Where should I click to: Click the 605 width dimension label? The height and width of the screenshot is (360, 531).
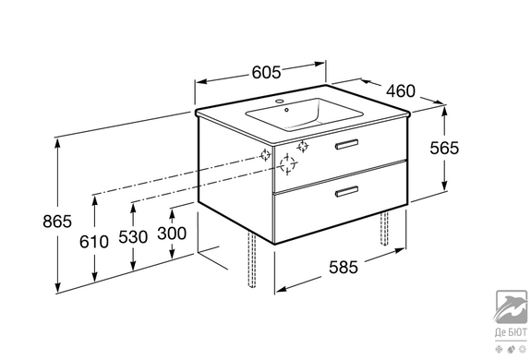[x=266, y=72]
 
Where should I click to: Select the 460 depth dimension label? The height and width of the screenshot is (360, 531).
[x=401, y=91]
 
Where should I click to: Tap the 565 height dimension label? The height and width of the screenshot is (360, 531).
[x=444, y=148]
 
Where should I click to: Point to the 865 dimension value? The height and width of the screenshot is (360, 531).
[x=57, y=222]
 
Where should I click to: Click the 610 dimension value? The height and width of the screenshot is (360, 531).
[x=94, y=242]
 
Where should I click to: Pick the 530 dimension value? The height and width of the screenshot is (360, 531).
[x=133, y=236]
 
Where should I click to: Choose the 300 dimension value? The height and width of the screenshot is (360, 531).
[x=172, y=234]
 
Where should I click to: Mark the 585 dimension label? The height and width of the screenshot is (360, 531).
[x=344, y=267]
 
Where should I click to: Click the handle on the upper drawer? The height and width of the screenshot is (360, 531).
[x=347, y=144]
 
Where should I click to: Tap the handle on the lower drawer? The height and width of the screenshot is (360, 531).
[x=347, y=191]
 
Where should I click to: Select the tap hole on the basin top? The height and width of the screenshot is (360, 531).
[x=280, y=101]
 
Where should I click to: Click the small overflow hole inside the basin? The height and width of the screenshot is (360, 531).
[x=286, y=110]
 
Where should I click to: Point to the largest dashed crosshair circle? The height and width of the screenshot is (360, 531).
[x=287, y=164]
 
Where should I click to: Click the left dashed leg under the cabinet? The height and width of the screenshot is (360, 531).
[x=251, y=259]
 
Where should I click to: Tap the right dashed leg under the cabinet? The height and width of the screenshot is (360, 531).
[x=384, y=228]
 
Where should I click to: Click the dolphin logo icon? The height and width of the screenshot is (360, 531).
[x=512, y=306]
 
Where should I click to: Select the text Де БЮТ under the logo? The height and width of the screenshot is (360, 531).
[x=511, y=332]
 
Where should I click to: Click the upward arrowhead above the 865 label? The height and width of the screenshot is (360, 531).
[x=58, y=144]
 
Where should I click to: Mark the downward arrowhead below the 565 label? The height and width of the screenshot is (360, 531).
[x=444, y=186]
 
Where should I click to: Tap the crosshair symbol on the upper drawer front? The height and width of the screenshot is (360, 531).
[x=302, y=146]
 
